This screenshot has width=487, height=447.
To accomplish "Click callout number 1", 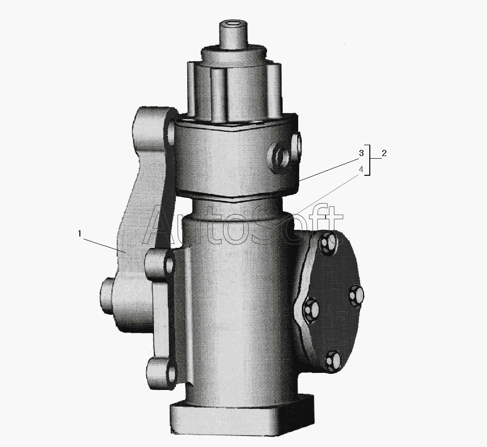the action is point(80,233).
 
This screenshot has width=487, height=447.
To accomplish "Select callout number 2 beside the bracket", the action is point(384,153).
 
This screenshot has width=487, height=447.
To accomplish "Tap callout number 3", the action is point(361,153).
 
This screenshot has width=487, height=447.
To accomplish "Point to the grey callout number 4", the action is point(361,170).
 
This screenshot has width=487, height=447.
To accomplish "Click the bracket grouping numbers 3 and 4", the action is point(369,160).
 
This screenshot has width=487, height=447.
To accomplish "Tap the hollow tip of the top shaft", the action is point(233,24).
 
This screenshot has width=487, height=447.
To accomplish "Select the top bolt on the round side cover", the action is point(328,240).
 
